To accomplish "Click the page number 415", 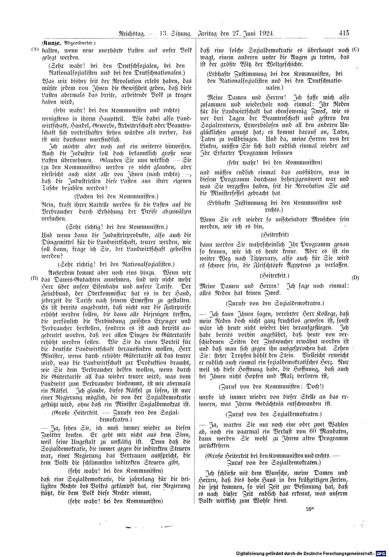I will [x=344, y=34].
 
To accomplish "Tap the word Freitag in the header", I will [x=209, y=34].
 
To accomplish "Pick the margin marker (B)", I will [x=34, y=278].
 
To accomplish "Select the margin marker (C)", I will [x=355, y=50].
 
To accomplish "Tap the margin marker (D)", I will [x=355, y=278].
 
